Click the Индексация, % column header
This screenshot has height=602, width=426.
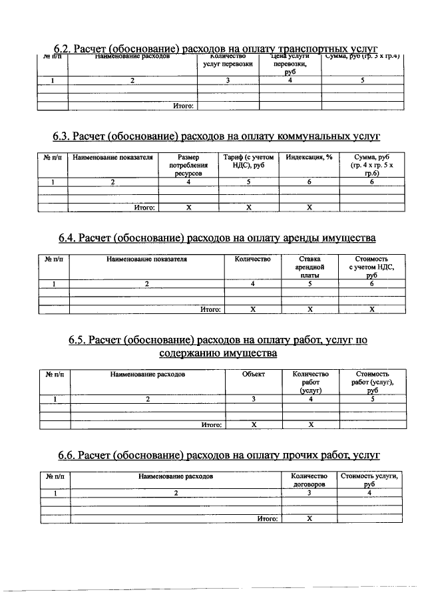tap(309, 158)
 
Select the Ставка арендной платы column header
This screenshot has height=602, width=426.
tap(310, 266)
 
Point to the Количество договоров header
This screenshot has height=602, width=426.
tap(310, 481)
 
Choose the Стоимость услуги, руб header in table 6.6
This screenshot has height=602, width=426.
tap(369, 481)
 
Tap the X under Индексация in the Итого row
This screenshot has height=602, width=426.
tap(310, 208)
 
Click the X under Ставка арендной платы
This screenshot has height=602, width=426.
tap(310, 309)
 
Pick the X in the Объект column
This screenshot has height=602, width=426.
tap(254, 424)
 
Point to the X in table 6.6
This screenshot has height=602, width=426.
tap(310, 519)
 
